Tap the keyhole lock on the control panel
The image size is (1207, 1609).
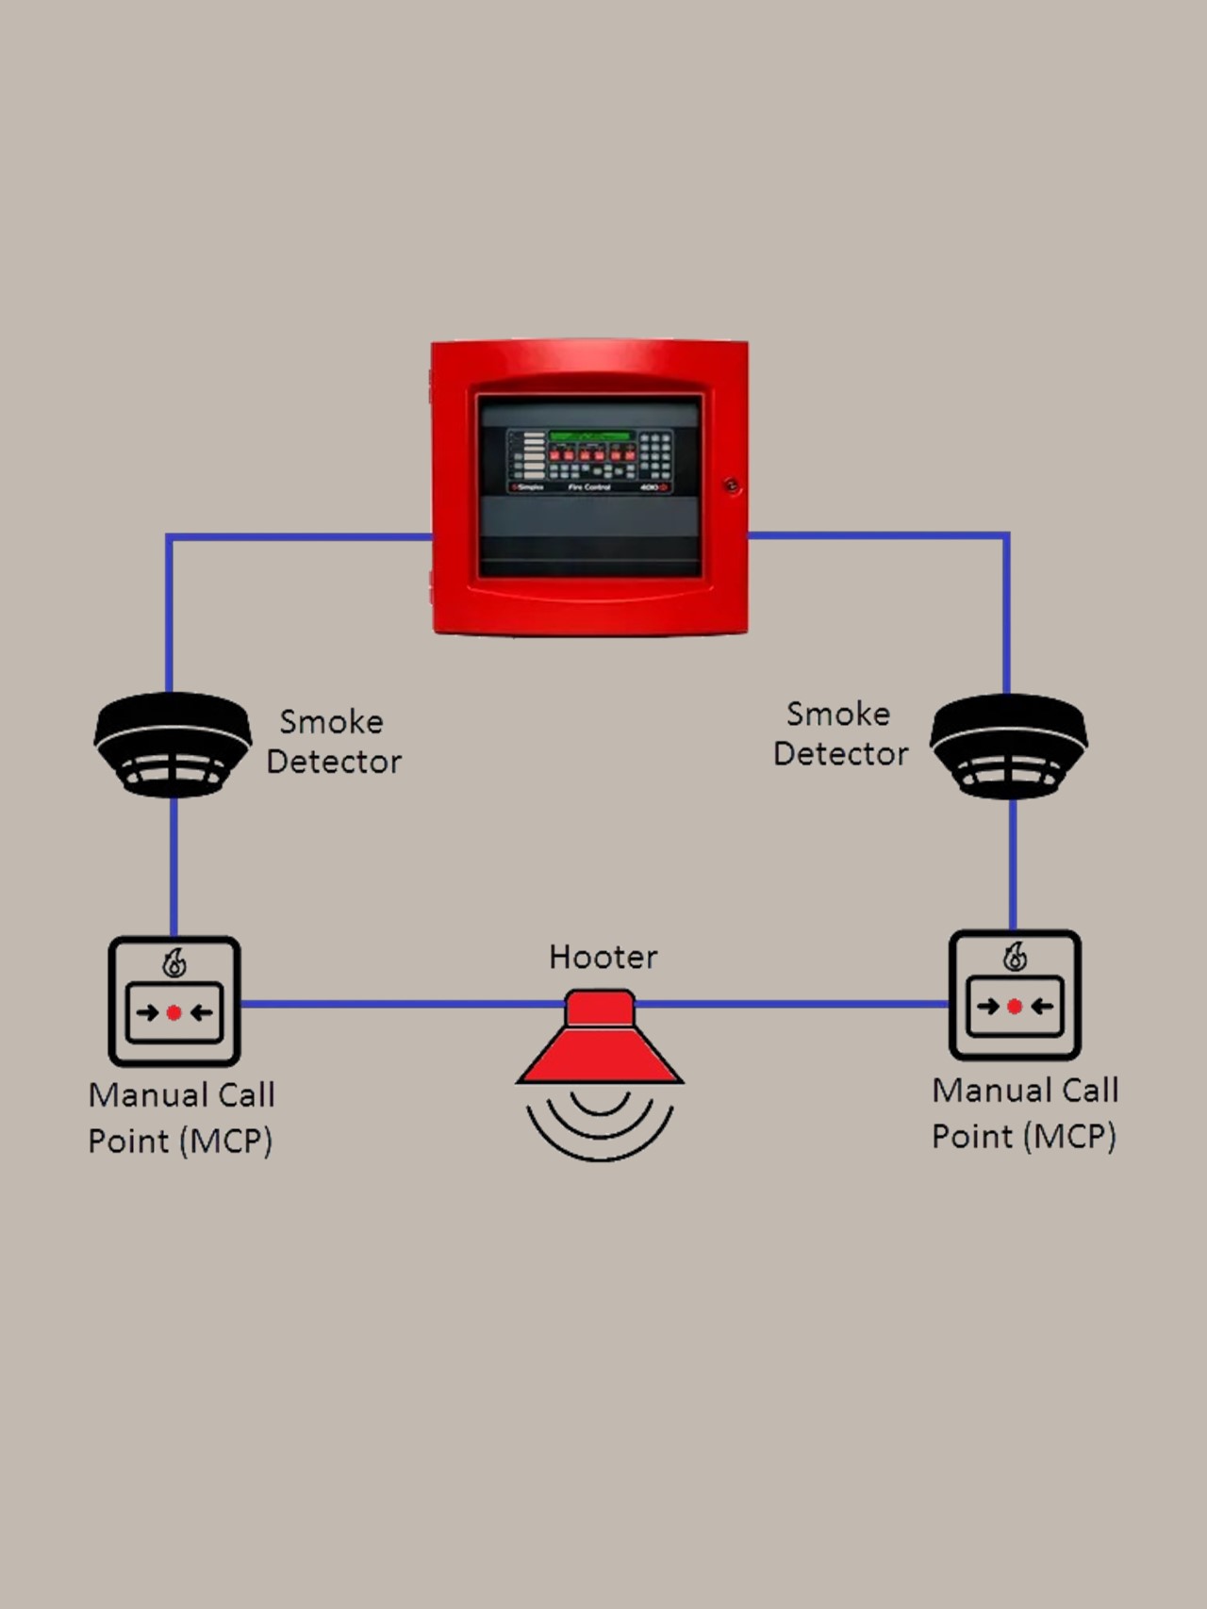click(732, 486)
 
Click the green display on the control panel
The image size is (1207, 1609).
click(590, 436)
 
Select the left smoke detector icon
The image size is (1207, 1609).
click(173, 744)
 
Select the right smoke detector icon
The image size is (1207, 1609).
click(1009, 746)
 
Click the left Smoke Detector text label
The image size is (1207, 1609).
click(333, 742)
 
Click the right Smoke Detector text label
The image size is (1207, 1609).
click(839, 734)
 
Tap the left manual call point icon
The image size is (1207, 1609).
click(174, 1001)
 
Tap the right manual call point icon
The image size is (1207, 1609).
click(1015, 995)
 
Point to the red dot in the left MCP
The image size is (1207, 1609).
click(174, 1013)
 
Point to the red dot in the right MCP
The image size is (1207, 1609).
click(1015, 1007)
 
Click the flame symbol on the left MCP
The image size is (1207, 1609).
click(174, 963)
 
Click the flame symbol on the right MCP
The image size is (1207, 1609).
click(1015, 957)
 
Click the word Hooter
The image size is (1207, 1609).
click(603, 958)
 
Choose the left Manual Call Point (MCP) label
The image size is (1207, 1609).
click(181, 1118)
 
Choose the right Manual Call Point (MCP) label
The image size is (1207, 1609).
click(1025, 1113)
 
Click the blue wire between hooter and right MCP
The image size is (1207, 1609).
click(792, 1004)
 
